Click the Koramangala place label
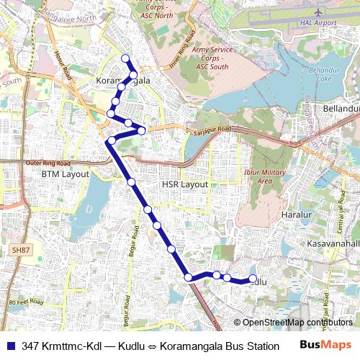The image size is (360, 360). coord(123,81)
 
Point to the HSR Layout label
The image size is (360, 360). coord(184,184)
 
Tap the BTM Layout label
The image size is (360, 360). coord(65,174)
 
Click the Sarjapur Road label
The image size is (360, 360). coord(213,130)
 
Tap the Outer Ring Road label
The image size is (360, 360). coord(50,163)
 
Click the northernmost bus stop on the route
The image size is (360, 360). coord(125,58)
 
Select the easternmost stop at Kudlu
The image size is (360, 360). coord(253,279)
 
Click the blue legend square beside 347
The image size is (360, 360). coord(10,345)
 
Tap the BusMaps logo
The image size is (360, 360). coord(325,344)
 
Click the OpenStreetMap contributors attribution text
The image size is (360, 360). coord(297,323)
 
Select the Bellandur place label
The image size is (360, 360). coord(341,108)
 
